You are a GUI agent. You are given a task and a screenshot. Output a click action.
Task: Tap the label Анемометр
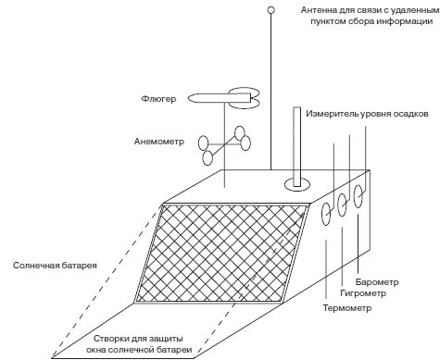tap(159, 143)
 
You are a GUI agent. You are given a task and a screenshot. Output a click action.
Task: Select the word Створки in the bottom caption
tap(116, 338)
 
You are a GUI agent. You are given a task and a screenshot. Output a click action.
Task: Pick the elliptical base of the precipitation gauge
tap(298, 184)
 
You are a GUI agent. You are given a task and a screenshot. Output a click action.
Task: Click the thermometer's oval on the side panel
tap(327, 212)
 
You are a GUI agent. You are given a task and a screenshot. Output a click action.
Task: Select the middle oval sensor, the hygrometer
tap(344, 203)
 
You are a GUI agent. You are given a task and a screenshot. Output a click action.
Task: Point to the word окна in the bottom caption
tap(108, 352)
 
